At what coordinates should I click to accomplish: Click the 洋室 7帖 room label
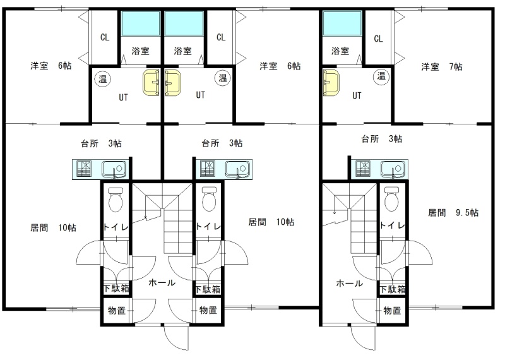pyautogui.click(x=441, y=67)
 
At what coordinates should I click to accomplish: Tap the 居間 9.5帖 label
pyautogui.click(x=453, y=213)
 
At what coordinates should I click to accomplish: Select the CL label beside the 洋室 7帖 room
pyautogui.click(x=378, y=39)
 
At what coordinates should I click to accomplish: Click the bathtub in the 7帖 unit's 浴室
pyautogui.click(x=342, y=23)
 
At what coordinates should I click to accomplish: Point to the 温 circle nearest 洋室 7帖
pyautogui.click(x=381, y=76)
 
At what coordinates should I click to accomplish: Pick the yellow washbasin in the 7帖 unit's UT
pyautogui.click(x=331, y=83)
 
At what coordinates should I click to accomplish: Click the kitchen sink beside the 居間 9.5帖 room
pyautogui.click(x=393, y=169)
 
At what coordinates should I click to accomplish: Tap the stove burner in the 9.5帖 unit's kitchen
pyautogui.click(x=363, y=169)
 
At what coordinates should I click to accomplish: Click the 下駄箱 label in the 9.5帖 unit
pyautogui.click(x=392, y=289)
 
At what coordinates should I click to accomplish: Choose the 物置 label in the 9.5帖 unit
pyautogui.click(x=392, y=310)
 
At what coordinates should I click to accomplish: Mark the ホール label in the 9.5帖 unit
pyautogui.click(x=349, y=284)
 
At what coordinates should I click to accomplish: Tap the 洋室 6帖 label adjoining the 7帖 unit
pyautogui.click(x=280, y=66)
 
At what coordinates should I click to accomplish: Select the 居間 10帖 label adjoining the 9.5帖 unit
pyautogui.click(x=271, y=222)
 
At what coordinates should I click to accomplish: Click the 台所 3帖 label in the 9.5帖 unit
pyautogui.click(x=381, y=139)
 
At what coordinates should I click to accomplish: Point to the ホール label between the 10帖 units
pyautogui.click(x=162, y=283)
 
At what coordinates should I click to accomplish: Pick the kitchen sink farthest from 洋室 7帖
pyautogui.click(x=114, y=169)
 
